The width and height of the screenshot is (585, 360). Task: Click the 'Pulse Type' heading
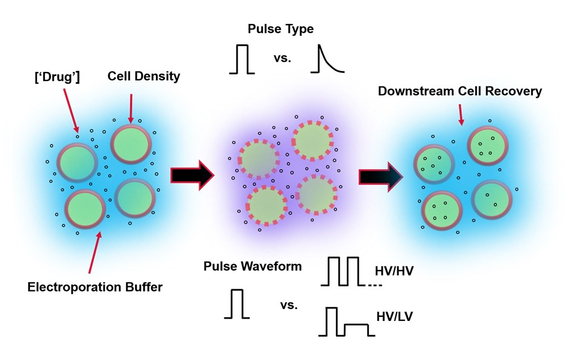[281, 28]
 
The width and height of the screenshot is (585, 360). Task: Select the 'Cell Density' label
[143, 76]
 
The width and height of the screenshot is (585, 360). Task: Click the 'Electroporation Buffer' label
[95, 287]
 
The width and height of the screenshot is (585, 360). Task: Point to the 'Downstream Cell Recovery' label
[460, 91]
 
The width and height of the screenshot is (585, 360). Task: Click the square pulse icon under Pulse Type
[242, 59]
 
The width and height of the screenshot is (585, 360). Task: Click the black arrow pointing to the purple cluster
[192, 175]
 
